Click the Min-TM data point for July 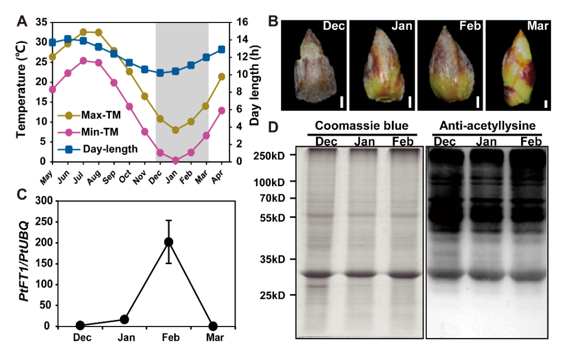pyautogui.click(x=83, y=61)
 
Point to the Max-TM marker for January pyautogui.click(x=175, y=130)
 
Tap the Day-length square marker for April pyautogui.click(x=221, y=49)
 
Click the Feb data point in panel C pyautogui.click(x=168, y=242)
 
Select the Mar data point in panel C pyautogui.click(x=213, y=326)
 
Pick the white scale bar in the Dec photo pyautogui.click(x=341, y=102)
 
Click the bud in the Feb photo pyautogui.click(x=450, y=69)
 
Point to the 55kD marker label pyautogui.click(x=274, y=217)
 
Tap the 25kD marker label pyautogui.click(x=274, y=295)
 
